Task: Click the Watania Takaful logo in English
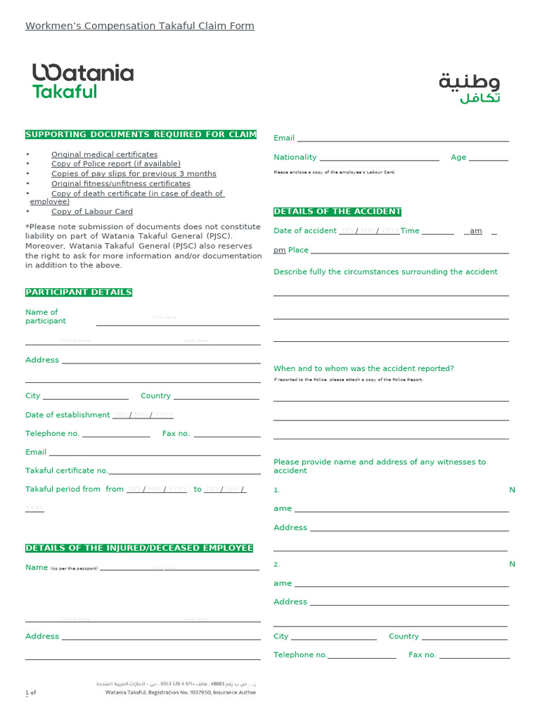[x=82, y=81]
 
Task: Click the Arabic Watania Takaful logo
[x=469, y=88]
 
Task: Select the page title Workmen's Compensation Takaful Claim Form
[x=139, y=26]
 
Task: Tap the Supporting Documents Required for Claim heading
[x=141, y=134]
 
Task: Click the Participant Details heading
[x=79, y=292]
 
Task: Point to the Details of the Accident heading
[x=337, y=212]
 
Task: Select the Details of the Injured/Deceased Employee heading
[x=139, y=549]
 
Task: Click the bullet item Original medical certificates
[x=104, y=155]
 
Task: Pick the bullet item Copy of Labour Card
[x=92, y=212]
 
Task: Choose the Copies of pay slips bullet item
[x=134, y=174]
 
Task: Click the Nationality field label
[x=295, y=157]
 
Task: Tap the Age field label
[x=458, y=157]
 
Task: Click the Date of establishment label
[x=68, y=415]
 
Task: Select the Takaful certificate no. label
[x=67, y=471]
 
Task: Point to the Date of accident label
[x=305, y=231]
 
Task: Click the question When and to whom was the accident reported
[x=364, y=368]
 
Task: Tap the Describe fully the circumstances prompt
[x=385, y=272]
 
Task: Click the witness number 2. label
[x=277, y=564]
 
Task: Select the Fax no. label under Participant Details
[x=176, y=434]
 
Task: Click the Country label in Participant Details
[x=155, y=395]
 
